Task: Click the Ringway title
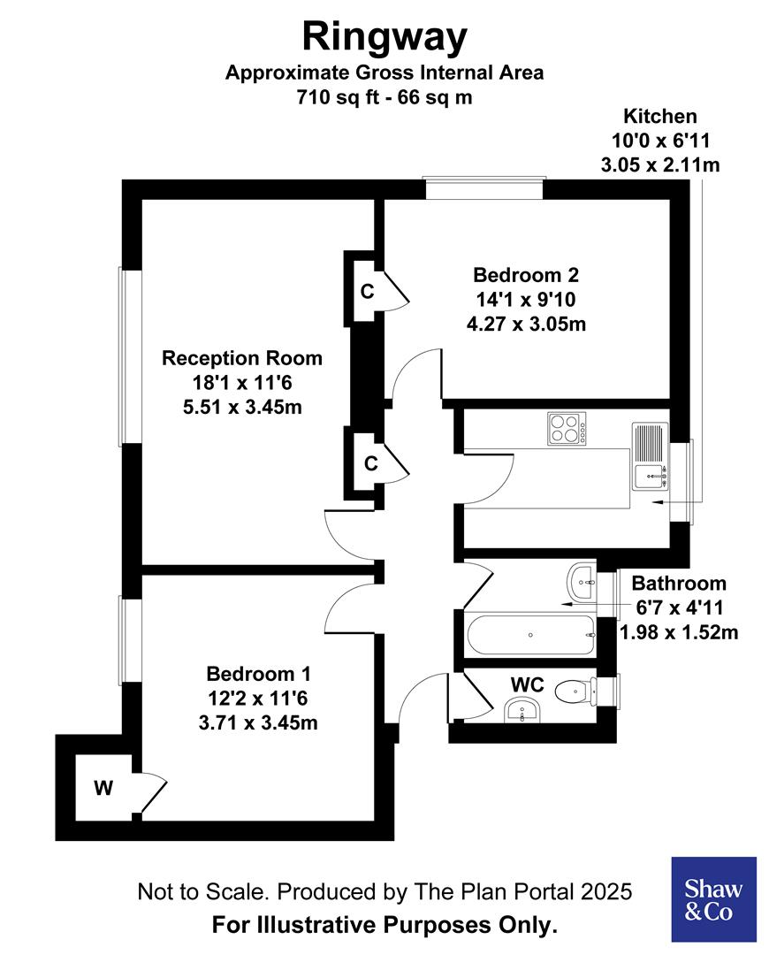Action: (384, 38)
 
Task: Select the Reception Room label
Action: (241, 358)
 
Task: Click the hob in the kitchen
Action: (567, 430)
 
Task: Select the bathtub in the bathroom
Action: (528, 634)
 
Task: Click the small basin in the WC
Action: (520, 710)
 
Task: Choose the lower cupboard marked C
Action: (370, 462)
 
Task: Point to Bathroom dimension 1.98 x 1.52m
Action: (679, 631)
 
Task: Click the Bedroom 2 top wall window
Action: (483, 188)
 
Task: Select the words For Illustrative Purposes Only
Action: (384, 926)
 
